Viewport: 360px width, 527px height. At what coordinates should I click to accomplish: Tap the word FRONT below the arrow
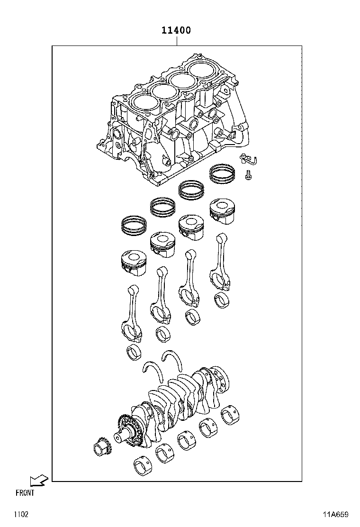point(25,493)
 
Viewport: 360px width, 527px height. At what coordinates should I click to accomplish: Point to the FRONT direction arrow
point(38,481)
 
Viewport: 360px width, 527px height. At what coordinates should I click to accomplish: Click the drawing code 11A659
point(336,514)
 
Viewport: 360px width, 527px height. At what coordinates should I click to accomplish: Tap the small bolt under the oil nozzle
point(248,176)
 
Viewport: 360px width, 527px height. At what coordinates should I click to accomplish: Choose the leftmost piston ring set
point(135,225)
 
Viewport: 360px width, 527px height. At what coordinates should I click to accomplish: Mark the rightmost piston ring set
point(224,173)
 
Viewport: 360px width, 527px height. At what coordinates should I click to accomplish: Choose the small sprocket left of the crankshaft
point(101,447)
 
